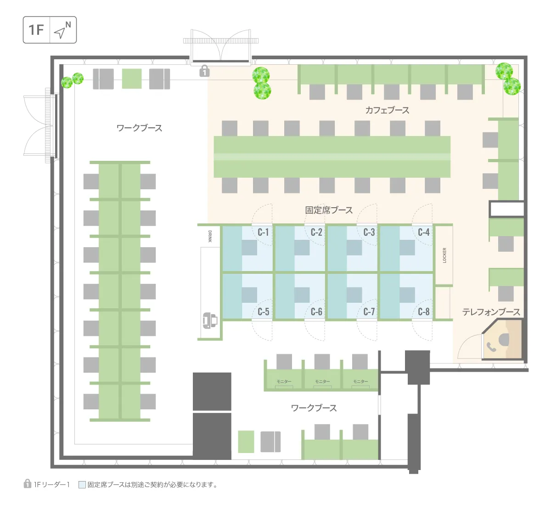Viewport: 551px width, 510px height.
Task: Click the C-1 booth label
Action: (263, 232)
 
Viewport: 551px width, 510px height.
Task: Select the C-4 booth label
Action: (424, 232)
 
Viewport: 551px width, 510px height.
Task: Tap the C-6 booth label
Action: (316, 312)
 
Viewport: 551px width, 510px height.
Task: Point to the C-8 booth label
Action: (424, 312)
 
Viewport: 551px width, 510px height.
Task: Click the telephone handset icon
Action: (491, 347)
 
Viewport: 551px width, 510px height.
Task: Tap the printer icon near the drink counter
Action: (210, 320)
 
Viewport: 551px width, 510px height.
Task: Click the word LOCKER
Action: (444, 255)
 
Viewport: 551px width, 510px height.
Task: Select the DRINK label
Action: (210, 236)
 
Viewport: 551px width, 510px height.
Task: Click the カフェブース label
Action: (387, 110)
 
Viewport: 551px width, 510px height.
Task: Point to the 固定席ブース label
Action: (329, 210)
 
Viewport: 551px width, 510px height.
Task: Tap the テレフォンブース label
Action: (491, 312)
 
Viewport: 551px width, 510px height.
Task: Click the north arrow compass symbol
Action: (62, 29)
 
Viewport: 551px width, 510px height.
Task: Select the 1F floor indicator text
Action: (36, 30)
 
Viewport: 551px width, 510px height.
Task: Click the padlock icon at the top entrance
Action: (204, 71)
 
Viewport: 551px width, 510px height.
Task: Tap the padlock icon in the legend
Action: (27, 483)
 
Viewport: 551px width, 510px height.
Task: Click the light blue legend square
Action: (82, 485)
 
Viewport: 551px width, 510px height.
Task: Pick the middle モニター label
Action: (322, 381)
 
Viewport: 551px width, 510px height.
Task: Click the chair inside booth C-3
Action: (354, 247)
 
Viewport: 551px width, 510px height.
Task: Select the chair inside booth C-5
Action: (249, 295)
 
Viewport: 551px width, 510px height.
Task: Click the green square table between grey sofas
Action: (132, 79)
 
